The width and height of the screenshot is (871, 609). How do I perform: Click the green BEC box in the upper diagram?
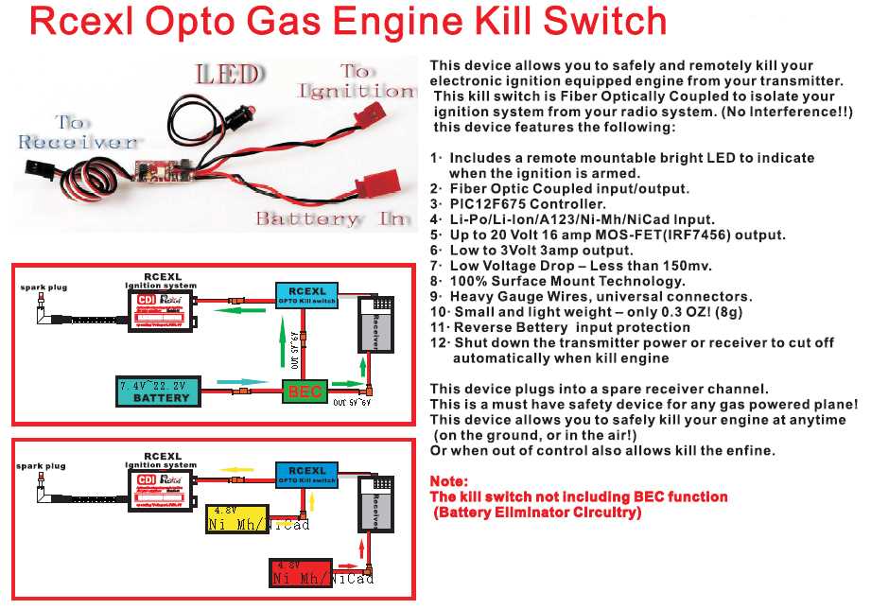click(305, 391)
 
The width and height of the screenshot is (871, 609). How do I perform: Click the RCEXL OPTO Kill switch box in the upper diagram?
click(305, 295)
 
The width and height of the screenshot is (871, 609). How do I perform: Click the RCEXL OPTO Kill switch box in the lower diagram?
click(305, 474)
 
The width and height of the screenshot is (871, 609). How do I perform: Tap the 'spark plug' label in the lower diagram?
click(41, 466)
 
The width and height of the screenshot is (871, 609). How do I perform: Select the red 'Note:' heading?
click(448, 481)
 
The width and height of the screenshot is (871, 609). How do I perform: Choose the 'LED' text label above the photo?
click(228, 74)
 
